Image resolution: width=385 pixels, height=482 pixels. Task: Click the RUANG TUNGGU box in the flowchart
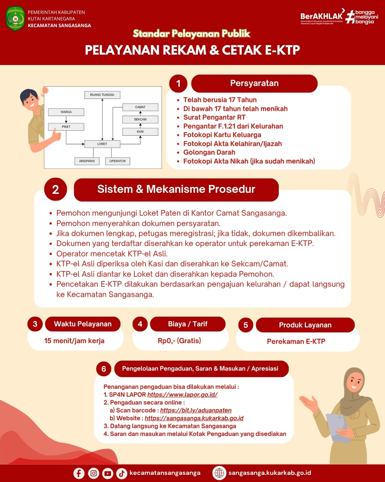102,95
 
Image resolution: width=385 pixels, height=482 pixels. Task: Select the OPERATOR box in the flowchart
117,161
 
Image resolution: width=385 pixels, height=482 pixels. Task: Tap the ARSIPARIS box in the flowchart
87,161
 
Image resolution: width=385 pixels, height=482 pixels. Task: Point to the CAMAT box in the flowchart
140,107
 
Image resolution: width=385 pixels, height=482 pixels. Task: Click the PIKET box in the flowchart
66,127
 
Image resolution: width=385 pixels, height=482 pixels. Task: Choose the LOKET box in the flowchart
102,144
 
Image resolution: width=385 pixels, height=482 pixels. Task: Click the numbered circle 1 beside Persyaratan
178,84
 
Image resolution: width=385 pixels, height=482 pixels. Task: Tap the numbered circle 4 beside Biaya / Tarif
140,324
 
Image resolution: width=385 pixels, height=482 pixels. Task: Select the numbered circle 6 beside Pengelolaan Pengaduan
104,369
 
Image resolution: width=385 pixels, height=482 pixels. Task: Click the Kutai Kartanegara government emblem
15,19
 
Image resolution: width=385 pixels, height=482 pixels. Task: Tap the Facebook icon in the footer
79,473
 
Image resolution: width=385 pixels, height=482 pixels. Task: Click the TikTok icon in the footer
122,473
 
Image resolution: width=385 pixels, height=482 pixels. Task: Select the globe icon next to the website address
219,473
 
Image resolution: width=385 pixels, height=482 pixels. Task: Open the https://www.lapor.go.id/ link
182,395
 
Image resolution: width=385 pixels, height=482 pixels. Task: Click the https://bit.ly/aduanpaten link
196,410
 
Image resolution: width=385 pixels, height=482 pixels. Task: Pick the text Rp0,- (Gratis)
179,341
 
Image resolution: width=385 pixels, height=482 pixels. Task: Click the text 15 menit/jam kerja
74,341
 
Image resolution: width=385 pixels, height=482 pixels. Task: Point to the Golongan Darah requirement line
209,152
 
